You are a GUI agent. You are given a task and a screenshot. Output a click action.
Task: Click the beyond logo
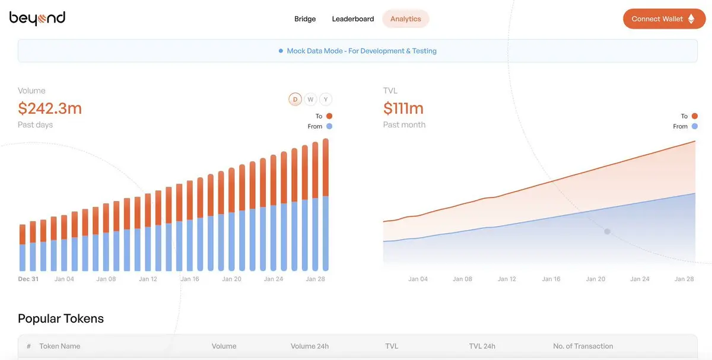(x=37, y=19)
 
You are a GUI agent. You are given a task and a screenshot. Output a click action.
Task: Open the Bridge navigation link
(x=305, y=19)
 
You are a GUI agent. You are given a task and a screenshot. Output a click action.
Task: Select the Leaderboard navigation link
(x=353, y=19)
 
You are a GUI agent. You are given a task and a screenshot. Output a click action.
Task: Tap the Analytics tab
(x=406, y=19)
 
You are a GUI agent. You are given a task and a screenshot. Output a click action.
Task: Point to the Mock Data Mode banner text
(x=361, y=51)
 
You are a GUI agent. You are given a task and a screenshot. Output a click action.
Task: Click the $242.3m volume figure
(x=50, y=108)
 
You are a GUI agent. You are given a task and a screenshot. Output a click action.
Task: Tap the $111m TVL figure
(x=403, y=108)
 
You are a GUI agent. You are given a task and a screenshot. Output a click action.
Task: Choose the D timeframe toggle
(x=295, y=100)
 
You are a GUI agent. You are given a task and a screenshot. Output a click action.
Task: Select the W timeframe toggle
(x=310, y=100)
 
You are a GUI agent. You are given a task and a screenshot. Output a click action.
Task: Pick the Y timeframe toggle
(x=326, y=100)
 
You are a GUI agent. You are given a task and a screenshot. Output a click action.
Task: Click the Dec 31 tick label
(x=28, y=279)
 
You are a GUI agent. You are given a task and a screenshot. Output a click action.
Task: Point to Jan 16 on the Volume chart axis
(x=190, y=279)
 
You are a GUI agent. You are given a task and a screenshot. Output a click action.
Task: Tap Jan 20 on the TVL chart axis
(x=596, y=279)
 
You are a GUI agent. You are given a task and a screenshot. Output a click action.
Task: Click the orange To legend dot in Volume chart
(x=329, y=116)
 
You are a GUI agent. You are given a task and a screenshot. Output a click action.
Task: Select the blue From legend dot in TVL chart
(x=695, y=126)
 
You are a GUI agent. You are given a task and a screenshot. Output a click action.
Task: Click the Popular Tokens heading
(x=61, y=318)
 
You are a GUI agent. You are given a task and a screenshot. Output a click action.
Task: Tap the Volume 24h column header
(x=310, y=346)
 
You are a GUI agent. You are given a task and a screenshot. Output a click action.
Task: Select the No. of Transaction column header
(x=583, y=346)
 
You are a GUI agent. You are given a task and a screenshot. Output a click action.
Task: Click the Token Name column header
(x=59, y=346)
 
